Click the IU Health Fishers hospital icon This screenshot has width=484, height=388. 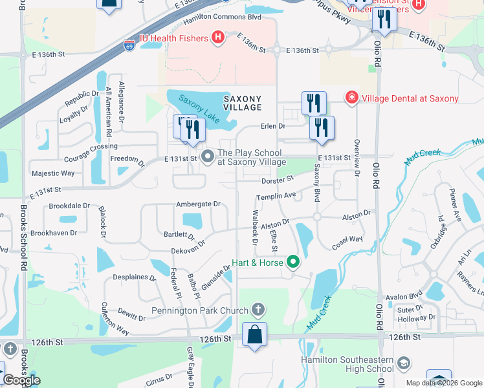[218, 38]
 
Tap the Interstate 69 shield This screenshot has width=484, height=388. [129, 47]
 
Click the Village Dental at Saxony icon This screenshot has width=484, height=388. [351, 98]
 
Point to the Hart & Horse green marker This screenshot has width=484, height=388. [294, 263]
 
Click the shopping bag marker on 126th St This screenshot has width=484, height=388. [254, 335]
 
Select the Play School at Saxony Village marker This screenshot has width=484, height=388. [208, 157]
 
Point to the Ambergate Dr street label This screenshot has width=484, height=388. [199, 204]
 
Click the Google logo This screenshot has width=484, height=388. [21, 380]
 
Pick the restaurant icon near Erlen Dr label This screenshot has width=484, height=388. [322, 128]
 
